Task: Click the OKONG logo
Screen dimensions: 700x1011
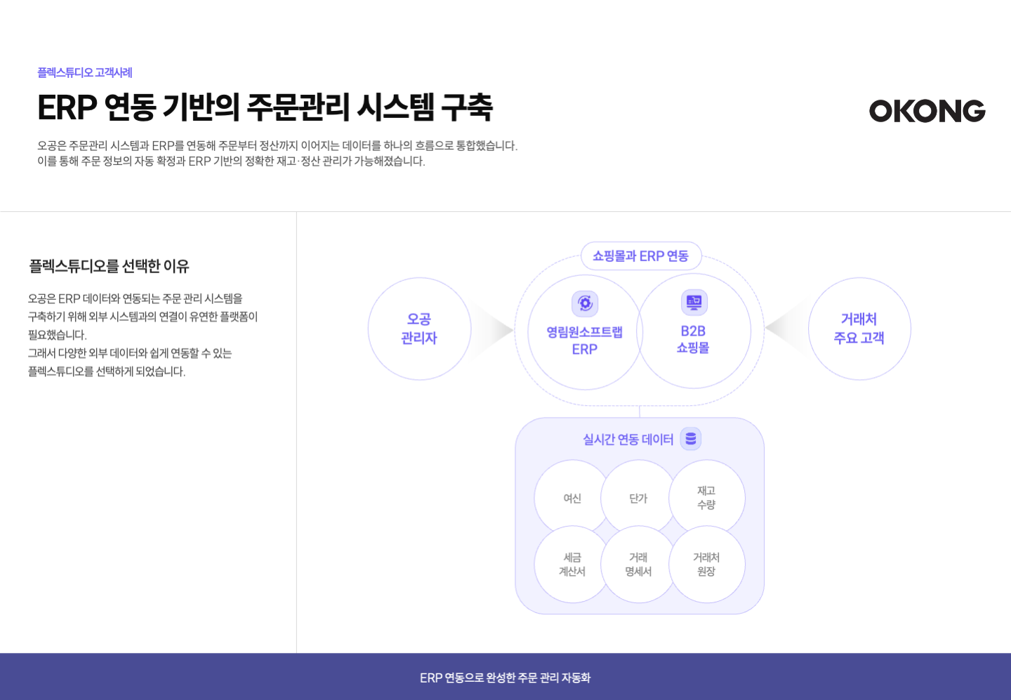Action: click(x=927, y=111)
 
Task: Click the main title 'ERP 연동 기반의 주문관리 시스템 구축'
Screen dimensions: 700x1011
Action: click(x=265, y=107)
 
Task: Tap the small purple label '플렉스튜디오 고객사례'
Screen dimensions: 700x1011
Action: click(x=84, y=72)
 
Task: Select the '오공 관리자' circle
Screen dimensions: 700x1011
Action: click(x=419, y=329)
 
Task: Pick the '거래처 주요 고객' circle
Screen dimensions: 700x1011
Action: click(x=859, y=329)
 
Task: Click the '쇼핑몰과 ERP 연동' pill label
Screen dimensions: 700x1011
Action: click(x=640, y=256)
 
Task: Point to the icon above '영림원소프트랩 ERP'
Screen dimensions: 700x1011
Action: click(x=585, y=303)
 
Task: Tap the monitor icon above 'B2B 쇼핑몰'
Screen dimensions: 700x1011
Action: click(x=694, y=303)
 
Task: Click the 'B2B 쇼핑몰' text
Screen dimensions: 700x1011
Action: click(x=693, y=339)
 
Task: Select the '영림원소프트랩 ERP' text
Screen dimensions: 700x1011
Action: click(x=584, y=341)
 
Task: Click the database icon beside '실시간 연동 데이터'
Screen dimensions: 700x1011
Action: click(x=691, y=439)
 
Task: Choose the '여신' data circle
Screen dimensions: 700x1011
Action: click(x=572, y=498)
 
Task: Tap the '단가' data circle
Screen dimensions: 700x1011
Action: click(x=638, y=498)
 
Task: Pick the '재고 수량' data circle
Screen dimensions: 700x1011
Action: click(x=706, y=498)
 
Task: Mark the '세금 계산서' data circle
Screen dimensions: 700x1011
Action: click(x=572, y=564)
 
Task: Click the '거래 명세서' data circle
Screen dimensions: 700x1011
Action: click(x=638, y=564)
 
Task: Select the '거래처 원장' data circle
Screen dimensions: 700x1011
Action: click(x=706, y=564)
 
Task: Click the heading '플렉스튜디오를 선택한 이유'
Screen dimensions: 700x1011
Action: click(x=109, y=266)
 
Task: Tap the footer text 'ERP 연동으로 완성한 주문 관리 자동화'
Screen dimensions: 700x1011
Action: click(x=505, y=678)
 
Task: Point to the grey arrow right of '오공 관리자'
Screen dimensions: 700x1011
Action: click(x=495, y=329)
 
